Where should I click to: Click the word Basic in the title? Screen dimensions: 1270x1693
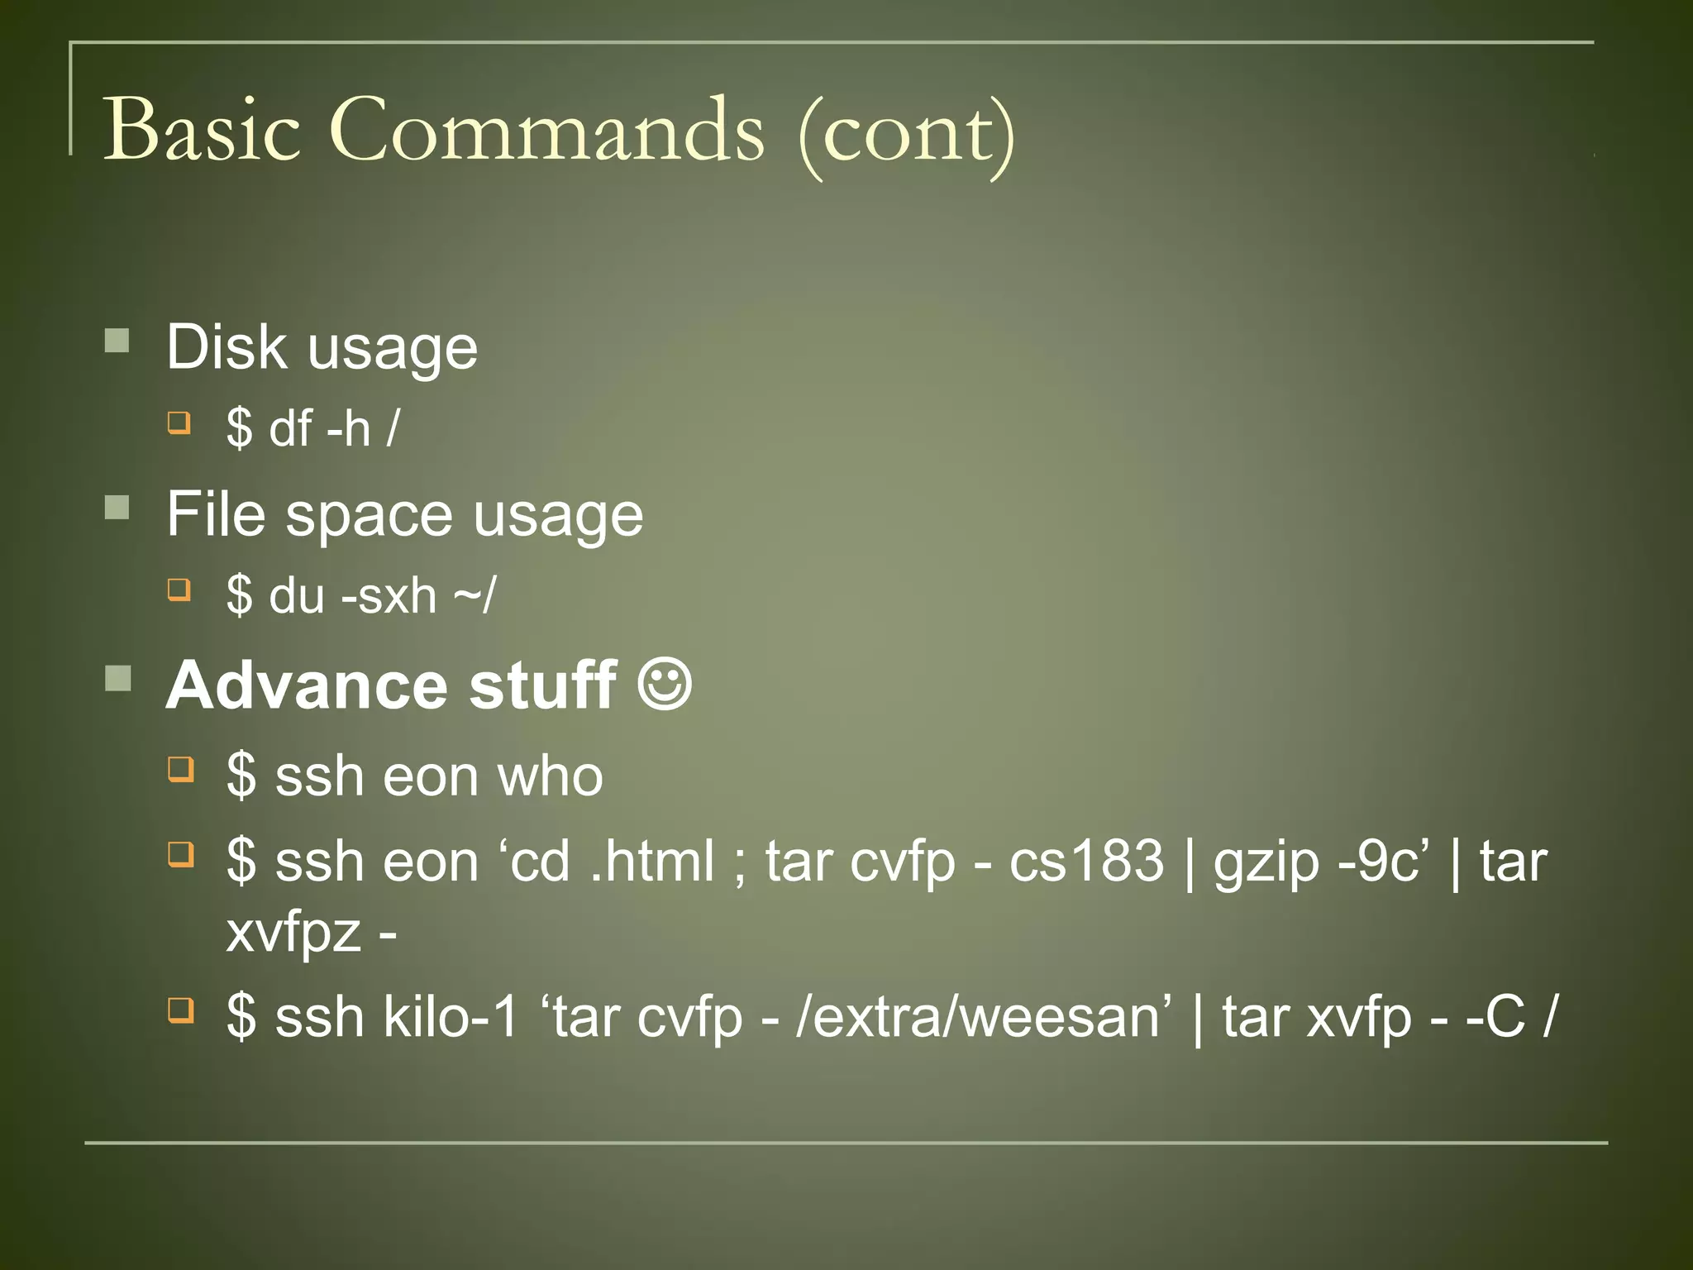tap(201, 131)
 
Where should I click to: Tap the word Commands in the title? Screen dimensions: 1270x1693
tap(547, 131)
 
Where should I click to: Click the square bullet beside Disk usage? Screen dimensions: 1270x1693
tap(117, 341)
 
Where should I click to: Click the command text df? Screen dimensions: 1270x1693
tap(290, 429)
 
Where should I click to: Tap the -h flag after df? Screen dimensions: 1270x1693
tap(349, 429)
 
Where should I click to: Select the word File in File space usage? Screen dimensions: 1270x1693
tap(216, 514)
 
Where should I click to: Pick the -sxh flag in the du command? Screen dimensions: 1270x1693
tap(388, 595)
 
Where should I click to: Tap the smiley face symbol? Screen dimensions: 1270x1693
tap(665, 684)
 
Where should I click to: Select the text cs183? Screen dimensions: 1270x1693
tap(1086, 861)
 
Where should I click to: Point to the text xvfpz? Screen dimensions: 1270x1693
tap(293, 933)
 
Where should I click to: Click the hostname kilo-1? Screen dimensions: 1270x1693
tap(451, 1016)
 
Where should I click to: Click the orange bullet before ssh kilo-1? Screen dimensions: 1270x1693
tap(180, 1010)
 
